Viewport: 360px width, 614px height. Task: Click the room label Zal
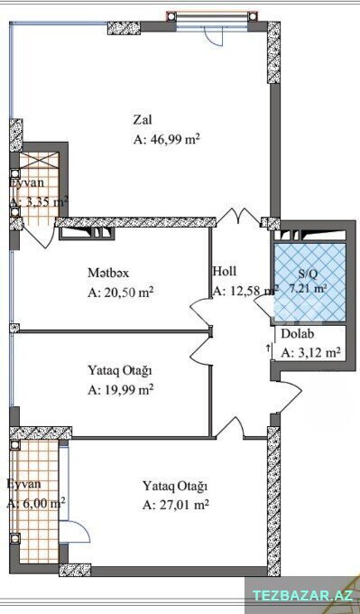(x=143, y=119)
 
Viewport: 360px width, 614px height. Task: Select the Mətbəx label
(x=108, y=273)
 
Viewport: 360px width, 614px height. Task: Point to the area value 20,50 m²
(x=120, y=293)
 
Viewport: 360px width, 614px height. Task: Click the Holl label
(x=225, y=271)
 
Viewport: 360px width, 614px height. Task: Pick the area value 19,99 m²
(x=120, y=390)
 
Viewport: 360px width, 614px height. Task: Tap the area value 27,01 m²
(x=175, y=505)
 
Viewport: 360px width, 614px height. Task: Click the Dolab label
(x=298, y=335)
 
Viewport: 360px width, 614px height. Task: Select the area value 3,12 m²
(x=310, y=353)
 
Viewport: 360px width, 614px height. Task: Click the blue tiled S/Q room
(x=309, y=283)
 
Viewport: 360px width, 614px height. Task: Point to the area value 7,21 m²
(x=309, y=289)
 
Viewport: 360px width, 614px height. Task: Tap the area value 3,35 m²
(x=39, y=202)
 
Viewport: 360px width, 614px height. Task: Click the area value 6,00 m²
(x=36, y=503)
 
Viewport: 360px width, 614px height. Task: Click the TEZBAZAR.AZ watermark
(x=302, y=596)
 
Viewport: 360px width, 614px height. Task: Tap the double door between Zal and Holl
(x=239, y=218)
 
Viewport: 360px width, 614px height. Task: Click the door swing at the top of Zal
(x=215, y=38)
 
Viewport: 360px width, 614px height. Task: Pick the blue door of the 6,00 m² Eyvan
(x=75, y=532)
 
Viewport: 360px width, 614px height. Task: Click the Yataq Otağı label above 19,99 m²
(x=119, y=371)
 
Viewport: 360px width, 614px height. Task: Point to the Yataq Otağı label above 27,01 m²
(x=175, y=487)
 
